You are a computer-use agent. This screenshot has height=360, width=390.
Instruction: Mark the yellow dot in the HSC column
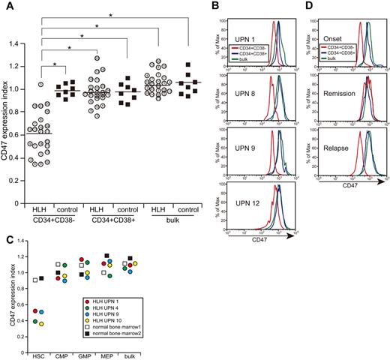point(41,324)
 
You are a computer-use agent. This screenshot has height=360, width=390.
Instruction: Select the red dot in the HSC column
point(34,310)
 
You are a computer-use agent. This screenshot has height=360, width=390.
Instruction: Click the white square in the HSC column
point(34,280)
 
